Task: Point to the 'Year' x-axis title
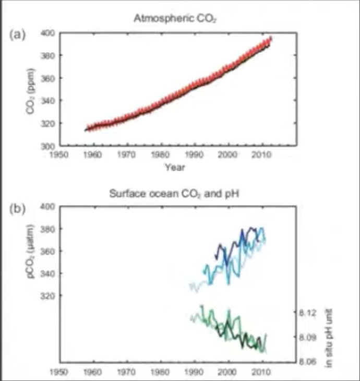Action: [175, 167]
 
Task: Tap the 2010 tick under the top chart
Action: [260, 154]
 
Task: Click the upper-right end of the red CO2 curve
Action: [270, 38]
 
